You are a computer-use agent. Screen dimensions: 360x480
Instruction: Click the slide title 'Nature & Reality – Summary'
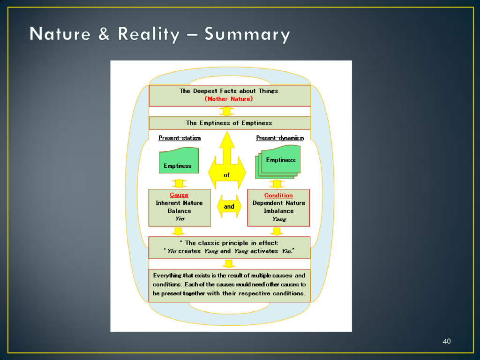pos(160,35)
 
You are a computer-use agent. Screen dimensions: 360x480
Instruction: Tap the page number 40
pos(446,341)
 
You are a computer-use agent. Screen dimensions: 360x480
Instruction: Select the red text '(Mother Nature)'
pos(229,99)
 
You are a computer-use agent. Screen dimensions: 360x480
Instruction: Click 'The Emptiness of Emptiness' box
pos(229,123)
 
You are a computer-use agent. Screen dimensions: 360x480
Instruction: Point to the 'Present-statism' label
pos(180,138)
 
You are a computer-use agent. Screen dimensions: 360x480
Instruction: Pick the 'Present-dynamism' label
pos(280,138)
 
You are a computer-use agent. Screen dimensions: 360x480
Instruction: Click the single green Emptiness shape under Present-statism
pos(179,161)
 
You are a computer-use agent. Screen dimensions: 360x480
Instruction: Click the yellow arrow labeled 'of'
pos(227,162)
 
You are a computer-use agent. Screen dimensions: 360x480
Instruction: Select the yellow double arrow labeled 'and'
pos(229,206)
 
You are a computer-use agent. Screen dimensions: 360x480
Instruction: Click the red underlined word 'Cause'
pos(179,195)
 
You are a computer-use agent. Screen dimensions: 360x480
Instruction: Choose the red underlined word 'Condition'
pos(278,195)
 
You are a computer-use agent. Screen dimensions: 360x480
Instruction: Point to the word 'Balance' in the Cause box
pos(179,211)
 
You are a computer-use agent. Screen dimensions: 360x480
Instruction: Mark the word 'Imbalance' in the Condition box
pos(278,211)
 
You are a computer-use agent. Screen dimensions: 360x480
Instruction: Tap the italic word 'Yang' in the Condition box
pos(278,219)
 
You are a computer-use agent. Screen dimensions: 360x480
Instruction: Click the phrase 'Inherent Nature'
pos(179,203)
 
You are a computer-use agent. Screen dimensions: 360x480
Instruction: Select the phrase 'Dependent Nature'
pos(278,203)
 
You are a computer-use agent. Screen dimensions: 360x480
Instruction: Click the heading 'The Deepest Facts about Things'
pos(229,91)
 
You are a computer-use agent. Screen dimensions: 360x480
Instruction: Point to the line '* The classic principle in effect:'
pos(229,243)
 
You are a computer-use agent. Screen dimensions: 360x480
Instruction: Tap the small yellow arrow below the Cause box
pos(178,231)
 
